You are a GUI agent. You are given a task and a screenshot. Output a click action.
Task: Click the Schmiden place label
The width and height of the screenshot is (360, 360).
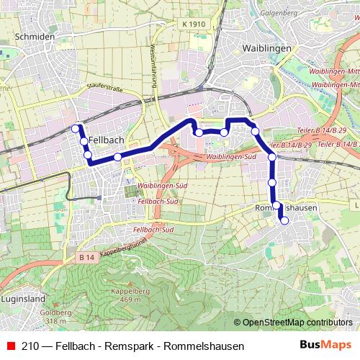(x=35, y=36)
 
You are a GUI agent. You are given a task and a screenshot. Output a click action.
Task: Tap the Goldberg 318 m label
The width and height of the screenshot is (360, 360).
(x=55, y=318)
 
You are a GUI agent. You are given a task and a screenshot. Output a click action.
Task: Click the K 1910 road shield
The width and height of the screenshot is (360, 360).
(x=194, y=24)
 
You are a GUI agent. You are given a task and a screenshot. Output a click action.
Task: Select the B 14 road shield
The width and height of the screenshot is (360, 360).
(x=87, y=257)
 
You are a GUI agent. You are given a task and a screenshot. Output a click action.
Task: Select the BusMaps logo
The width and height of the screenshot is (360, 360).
(x=325, y=345)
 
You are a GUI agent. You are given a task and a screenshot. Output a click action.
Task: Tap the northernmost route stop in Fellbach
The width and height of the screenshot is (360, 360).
(x=75, y=128)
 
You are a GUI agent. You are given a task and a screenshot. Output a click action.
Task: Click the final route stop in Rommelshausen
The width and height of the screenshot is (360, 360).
(x=284, y=220)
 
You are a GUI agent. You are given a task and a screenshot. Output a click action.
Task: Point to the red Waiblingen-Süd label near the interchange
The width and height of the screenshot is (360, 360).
(x=232, y=156)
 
